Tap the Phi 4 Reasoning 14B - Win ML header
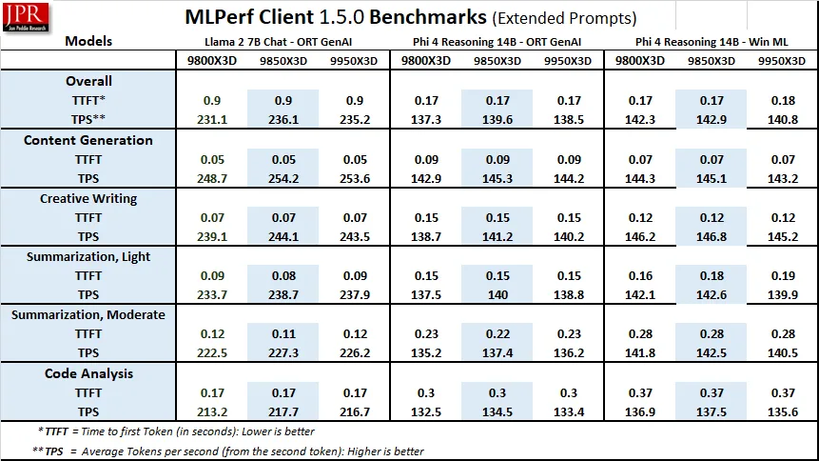[711, 42]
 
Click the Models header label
[88, 42]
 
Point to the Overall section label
[88, 81]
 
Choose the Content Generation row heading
[88, 140]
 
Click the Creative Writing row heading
[88, 199]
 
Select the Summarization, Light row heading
[88, 256]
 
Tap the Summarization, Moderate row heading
[88, 315]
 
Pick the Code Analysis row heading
[88, 373]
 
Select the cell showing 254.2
[282, 179]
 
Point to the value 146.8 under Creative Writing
[712, 237]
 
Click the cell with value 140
[497, 295]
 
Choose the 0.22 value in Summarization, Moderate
[497, 334]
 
